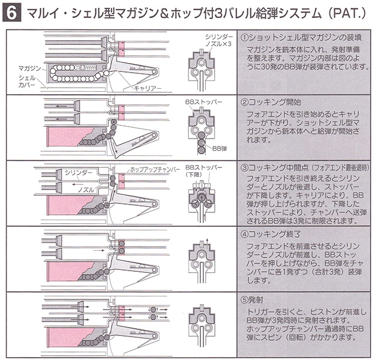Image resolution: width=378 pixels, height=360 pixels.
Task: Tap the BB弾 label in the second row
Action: (220, 146)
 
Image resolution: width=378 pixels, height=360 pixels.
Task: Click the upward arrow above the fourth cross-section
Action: (206, 242)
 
